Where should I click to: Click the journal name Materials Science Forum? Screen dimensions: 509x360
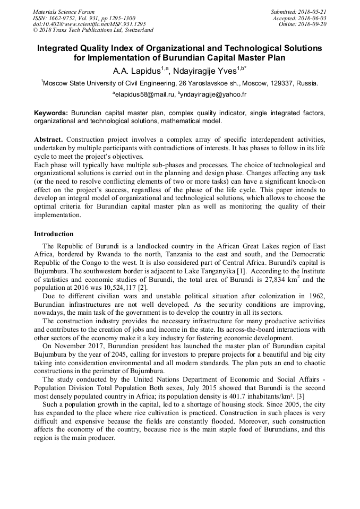click(x=64, y=12)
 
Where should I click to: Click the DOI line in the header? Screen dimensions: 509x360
click(x=89, y=24)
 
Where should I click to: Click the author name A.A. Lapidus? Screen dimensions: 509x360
click(x=133, y=71)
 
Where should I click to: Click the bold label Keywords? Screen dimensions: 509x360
click(x=51, y=113)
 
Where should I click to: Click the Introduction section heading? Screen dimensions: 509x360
click(x=54, y=234)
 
